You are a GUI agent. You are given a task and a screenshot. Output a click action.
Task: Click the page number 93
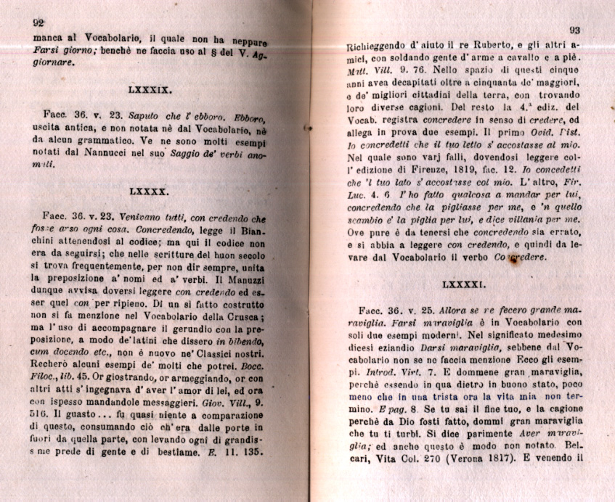[574, 30]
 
